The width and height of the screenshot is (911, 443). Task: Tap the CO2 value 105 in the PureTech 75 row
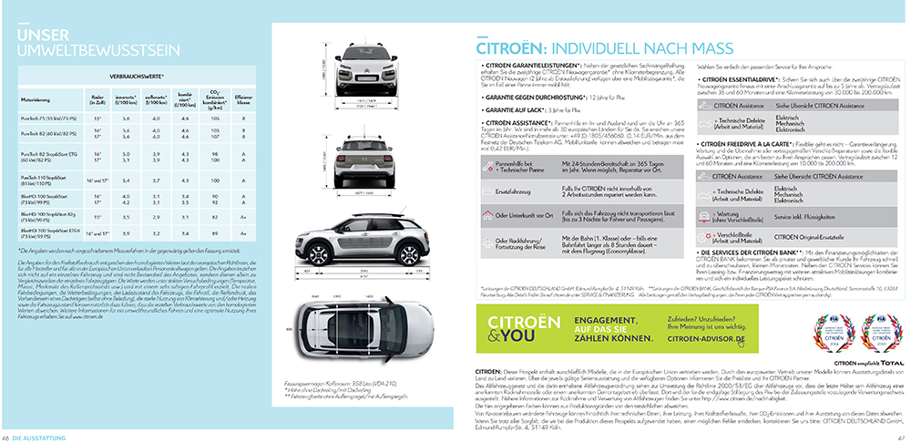point(215,118)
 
